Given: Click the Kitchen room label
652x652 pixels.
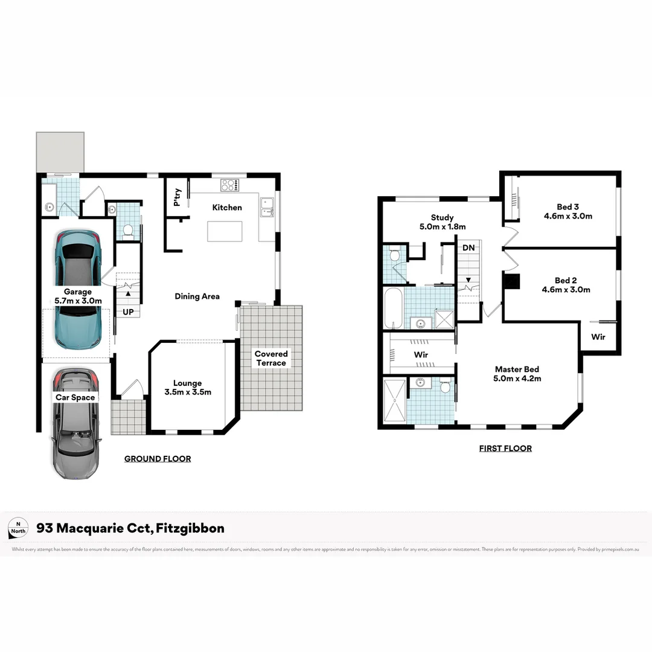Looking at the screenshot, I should (x=227, y=208).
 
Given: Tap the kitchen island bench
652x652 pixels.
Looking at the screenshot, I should (x=225, y=231).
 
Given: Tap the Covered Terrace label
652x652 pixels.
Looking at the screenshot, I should (x=271, y=359).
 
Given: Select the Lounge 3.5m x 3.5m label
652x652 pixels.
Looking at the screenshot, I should (x=187, y=388).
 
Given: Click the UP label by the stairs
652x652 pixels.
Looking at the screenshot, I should (x=128, y=312).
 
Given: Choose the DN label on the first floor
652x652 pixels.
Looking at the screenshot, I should (x=468, y=248).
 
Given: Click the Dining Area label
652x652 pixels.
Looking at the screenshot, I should (x=197, y=296).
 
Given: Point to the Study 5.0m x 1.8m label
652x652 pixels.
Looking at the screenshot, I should (x=442, y=222).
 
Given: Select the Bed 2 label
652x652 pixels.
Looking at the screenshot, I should (x=566, y=280).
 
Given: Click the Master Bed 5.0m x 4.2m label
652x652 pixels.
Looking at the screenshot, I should (x=517, y=374).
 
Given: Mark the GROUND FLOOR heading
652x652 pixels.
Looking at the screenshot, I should (x=158, y=459).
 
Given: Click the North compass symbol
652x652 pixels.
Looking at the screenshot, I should (x=18, y=528).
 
